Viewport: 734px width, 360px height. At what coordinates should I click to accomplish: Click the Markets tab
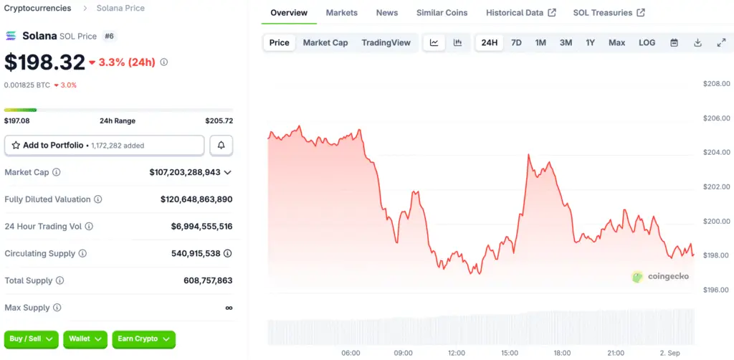pos(341,13)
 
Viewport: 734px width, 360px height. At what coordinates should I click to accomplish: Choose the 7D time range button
pos(516,43)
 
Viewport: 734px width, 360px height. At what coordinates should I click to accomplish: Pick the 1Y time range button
pos(590,43)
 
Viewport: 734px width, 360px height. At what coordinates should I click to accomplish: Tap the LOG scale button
pos(647,43)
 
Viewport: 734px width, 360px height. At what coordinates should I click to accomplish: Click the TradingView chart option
pos(386,43)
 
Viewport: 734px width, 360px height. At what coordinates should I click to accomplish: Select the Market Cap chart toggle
pos(325,43)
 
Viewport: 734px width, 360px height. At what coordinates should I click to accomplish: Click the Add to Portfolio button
pos(104,146)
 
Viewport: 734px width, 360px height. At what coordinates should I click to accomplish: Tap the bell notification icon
pos(221,146)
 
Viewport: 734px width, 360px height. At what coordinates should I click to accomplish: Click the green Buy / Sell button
pos(32,339)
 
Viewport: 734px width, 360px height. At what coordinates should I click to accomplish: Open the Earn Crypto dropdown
pos(143,339)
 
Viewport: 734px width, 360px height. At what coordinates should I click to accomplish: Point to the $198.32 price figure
pos(44,62)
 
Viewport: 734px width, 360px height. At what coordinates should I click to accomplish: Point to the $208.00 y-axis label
pos(716,84)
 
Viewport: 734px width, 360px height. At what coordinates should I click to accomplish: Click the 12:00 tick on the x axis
pos(456,353)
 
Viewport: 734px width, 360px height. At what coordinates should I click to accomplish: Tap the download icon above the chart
pos(697,43)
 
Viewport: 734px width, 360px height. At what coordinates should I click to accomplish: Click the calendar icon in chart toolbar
pos(674,43)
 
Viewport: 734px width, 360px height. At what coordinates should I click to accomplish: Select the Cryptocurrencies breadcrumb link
pos(37,9)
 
